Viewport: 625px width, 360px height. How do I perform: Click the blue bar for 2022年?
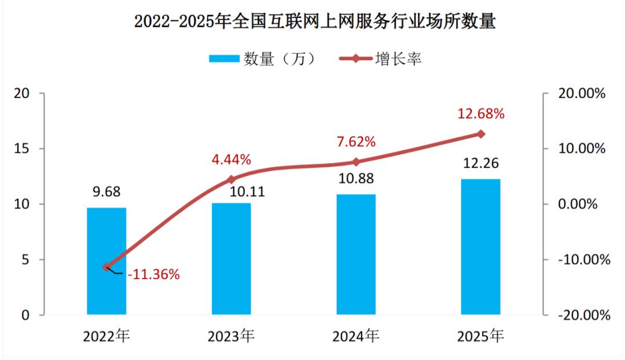pos(106,261)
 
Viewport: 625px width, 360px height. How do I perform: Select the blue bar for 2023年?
pos(231,259)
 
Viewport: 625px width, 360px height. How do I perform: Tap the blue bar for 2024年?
pos(356,254)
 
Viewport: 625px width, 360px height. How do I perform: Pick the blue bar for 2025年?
pos(481,247)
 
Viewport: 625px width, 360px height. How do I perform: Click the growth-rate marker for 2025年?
pos(481,134)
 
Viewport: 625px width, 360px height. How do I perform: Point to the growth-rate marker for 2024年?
pos(356,162)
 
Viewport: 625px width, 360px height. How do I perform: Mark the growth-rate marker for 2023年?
pos(231,179)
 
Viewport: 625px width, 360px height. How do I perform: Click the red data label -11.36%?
pos(153,274)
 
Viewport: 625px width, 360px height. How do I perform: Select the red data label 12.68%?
pos(481,113)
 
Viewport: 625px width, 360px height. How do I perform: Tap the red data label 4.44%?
pos(231,160)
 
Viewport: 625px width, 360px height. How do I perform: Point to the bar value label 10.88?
pos(356,178)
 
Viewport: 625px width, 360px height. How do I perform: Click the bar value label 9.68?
pos(106,192)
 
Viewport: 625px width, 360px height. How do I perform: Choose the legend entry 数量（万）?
pos(263,59)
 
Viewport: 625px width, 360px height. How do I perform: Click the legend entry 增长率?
pos(380,59)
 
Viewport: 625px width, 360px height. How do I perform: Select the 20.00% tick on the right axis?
pos(582,93)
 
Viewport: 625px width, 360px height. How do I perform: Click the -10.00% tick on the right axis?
pos(584,259)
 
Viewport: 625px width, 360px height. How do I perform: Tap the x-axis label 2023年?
pos(231,336)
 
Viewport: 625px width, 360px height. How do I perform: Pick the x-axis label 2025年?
pos(481,336)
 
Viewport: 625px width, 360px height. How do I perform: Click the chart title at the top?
pos(315,21)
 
